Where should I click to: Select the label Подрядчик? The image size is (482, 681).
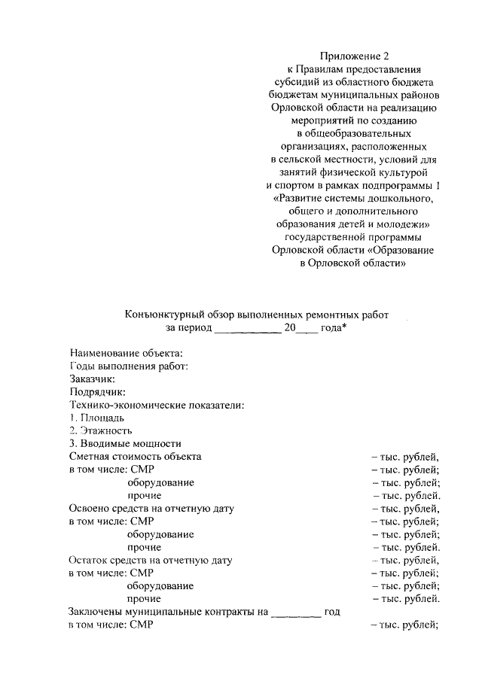coord(97,391)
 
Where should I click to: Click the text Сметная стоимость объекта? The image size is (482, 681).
coord(135,456)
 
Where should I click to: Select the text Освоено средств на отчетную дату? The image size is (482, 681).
coord(151,508)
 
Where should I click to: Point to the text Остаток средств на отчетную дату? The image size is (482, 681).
coord(150,560)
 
